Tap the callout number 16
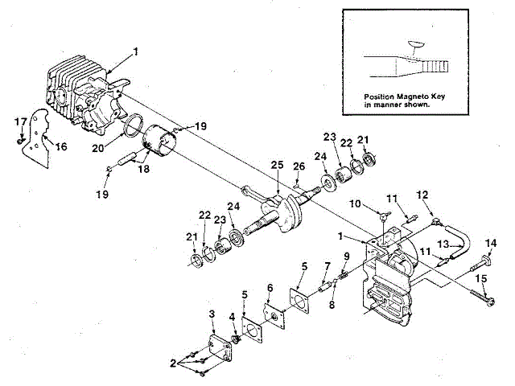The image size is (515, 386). point(61,146)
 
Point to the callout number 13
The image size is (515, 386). point(442,244)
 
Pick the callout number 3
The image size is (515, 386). point(211,313)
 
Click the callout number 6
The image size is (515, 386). point(270,287)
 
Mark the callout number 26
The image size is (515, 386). point(299,167)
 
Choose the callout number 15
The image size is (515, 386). point(482,278)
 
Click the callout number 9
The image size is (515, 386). point(346,257)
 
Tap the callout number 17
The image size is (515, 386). point(21,121)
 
